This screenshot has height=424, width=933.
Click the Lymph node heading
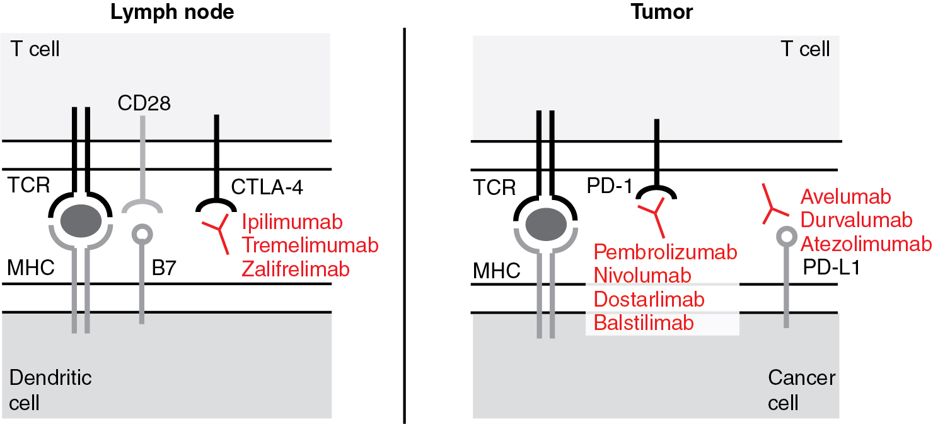(172, 13)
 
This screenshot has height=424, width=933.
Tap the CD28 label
(144, 103)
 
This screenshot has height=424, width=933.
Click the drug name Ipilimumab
(293, 223)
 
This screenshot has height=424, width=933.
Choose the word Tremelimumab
(310, 246)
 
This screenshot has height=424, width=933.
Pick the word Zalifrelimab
(296, 269)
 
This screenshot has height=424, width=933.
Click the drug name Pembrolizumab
(666, 252)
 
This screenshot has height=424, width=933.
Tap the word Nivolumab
(643, 275)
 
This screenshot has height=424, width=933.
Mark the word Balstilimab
(644, 322)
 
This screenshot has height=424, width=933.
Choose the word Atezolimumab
(866, 244)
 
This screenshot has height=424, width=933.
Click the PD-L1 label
(832, 269)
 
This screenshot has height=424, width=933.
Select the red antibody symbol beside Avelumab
(774, 205)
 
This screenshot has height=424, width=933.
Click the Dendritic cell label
(50, 390)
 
